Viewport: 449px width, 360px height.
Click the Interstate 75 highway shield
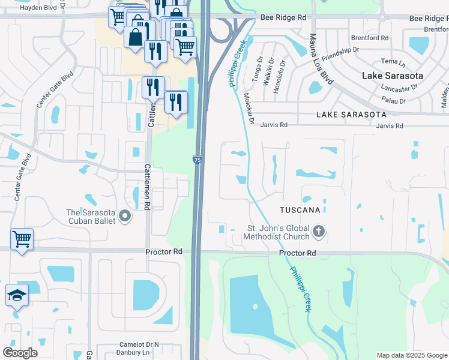tap(197, 160)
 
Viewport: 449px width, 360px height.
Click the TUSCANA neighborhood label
tap(303, 210)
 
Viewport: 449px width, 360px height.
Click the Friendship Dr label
tap(339, 52)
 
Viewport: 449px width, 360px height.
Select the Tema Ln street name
tap(394, 61)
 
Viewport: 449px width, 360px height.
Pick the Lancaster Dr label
tap(399, 88)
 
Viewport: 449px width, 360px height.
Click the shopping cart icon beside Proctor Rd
tap(22, 239)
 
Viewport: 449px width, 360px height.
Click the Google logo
tap(20, 353)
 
